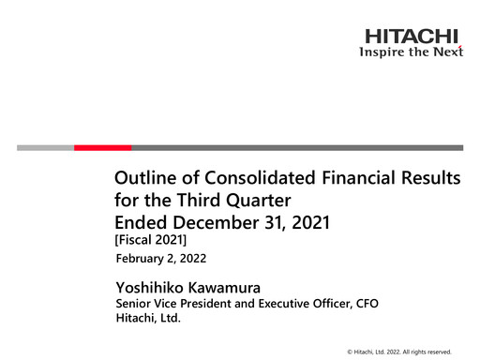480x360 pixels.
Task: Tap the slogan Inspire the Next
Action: coord(412,52)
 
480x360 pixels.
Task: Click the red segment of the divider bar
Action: coord(102,147)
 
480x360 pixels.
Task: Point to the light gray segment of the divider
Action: coord(45,147)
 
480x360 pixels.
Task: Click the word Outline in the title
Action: coord(143,179)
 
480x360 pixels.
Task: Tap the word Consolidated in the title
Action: coord(247,179)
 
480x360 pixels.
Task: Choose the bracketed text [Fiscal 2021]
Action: coord(150,241)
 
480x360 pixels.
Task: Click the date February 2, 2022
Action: coord(160,258)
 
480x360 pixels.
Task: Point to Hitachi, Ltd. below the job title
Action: coord(147,319)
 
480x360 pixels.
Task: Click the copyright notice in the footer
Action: coord(398,351)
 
